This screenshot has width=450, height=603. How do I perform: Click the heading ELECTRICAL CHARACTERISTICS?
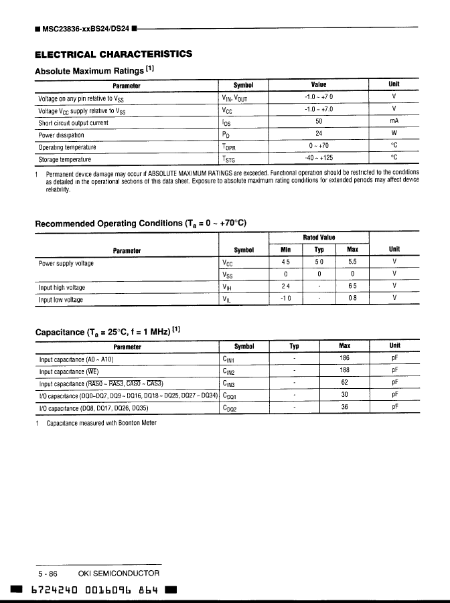pyautogui.click(x=113, y=54)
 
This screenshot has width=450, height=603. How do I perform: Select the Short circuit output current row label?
pyautogui.click(x=73, y=122)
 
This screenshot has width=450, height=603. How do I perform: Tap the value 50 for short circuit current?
pyautogui.click(x=319, y=122)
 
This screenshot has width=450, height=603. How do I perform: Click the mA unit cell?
pyautogui.click(x=394, y=122)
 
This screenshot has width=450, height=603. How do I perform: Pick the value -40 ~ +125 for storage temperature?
pyautogui.click(x=319, y=158)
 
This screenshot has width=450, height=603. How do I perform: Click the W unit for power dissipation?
pyautogui.click(x=394, y=134)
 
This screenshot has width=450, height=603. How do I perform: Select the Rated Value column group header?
pyautogui.click(x=319, y=238)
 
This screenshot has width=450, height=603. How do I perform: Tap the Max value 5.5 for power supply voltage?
pyautogui.click(x=352, y=262)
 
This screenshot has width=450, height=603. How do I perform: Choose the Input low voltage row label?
pyautogui.click(x=61, y=300)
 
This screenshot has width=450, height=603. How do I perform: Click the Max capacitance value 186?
pyautogui.click(x=345, y=358)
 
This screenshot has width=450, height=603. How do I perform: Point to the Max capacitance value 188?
pyautogui.click(x=345, y=370)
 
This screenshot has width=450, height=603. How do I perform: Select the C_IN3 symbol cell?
pyautogui.click(x=228, y=383)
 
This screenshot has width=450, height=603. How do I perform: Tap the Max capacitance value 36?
pyautogui.click(x=345, y=406)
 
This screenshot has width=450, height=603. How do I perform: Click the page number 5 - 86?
pyautogui.click(x=48, y=574)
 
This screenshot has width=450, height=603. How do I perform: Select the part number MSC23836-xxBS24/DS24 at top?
pyautogui.click(x=86, y=29)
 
